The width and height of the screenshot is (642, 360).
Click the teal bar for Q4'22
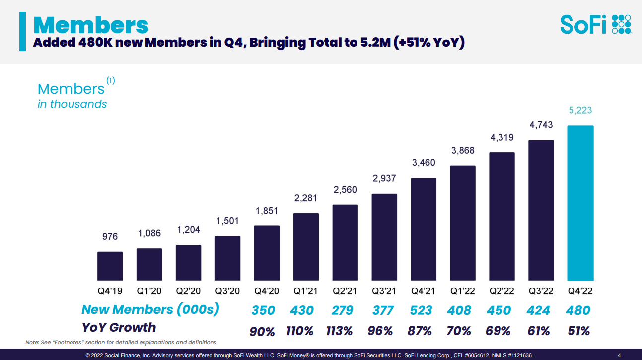[x=580, y=203]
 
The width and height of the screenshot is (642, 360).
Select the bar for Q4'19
[x=110, y=266]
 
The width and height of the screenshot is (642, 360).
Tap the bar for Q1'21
[x=306, y=246]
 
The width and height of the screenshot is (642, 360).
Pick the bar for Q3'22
[x=541, y=210]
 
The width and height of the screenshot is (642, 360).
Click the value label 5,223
[x=580, y=110]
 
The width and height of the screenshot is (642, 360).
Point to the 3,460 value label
[x=424, y=162]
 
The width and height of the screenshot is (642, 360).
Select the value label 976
[x=110, y=236]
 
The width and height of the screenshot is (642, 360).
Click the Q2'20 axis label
[x=188, y=291]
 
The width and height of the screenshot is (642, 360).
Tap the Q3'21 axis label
[x=384, y=291]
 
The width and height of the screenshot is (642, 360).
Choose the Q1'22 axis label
[x=463, y=291]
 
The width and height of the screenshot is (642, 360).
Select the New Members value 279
[x=342, y=310]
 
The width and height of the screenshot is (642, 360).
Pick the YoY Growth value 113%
[x=340, y=331]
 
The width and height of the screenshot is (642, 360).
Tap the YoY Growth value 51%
[x=578, y=331]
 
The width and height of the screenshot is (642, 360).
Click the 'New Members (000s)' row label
[x=150, y=309]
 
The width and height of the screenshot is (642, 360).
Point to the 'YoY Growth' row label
[x=119, y=327]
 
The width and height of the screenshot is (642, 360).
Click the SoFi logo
[x=595, y=24]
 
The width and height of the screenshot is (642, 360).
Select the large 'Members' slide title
[x=91, y=25]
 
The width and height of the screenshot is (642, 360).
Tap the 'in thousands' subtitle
[x=72, y=104]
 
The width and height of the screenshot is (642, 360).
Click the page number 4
[x=619, y=355]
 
